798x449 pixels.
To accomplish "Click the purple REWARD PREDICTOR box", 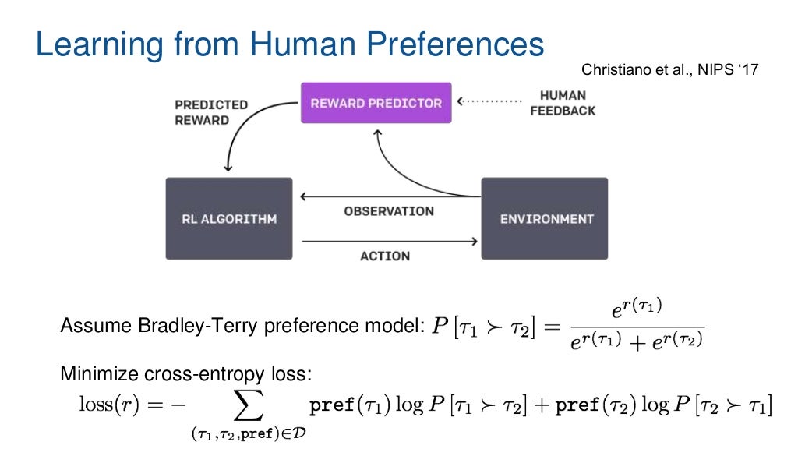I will [376, 103].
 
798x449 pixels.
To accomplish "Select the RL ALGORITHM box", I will [229, 219].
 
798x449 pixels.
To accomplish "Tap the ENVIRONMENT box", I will [544, 219].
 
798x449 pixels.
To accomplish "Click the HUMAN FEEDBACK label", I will [562, 103].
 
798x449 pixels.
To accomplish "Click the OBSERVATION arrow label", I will [388, 211].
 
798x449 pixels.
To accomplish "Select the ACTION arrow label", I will [385, 256].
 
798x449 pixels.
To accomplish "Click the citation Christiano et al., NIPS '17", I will [669, 70].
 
